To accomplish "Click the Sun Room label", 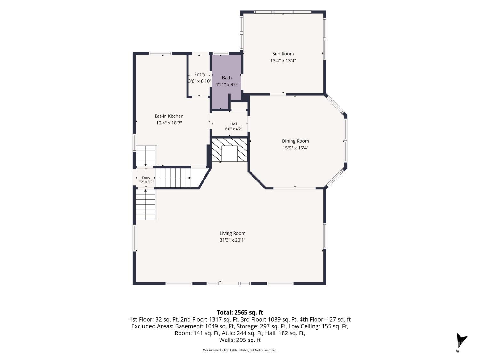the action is tap(283, 54).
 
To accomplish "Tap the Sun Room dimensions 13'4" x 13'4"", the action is tap(283, 60).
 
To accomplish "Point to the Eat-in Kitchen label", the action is tap(169, 116).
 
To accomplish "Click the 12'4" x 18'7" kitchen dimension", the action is tap(169, 123).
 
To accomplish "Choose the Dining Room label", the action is tap(295, 141).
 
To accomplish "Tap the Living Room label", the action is tap(232, 233).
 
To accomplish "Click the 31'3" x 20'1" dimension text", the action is tap(232, 240).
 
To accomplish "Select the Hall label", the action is tap(234, 124).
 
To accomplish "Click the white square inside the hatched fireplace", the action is tap(229, 154).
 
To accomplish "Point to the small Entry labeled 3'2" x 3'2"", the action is tap(146, 180).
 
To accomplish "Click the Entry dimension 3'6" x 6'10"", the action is tap(200, 81).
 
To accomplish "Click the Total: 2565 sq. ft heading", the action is tap(240, 312).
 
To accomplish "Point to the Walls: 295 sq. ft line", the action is tap(240, 340).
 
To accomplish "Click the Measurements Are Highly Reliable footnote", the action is tap(240, 350).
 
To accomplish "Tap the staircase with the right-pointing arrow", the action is tap(173, 178).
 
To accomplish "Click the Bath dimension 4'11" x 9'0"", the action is tap(227, 84).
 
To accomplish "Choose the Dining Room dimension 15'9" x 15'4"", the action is tap(295, 148).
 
